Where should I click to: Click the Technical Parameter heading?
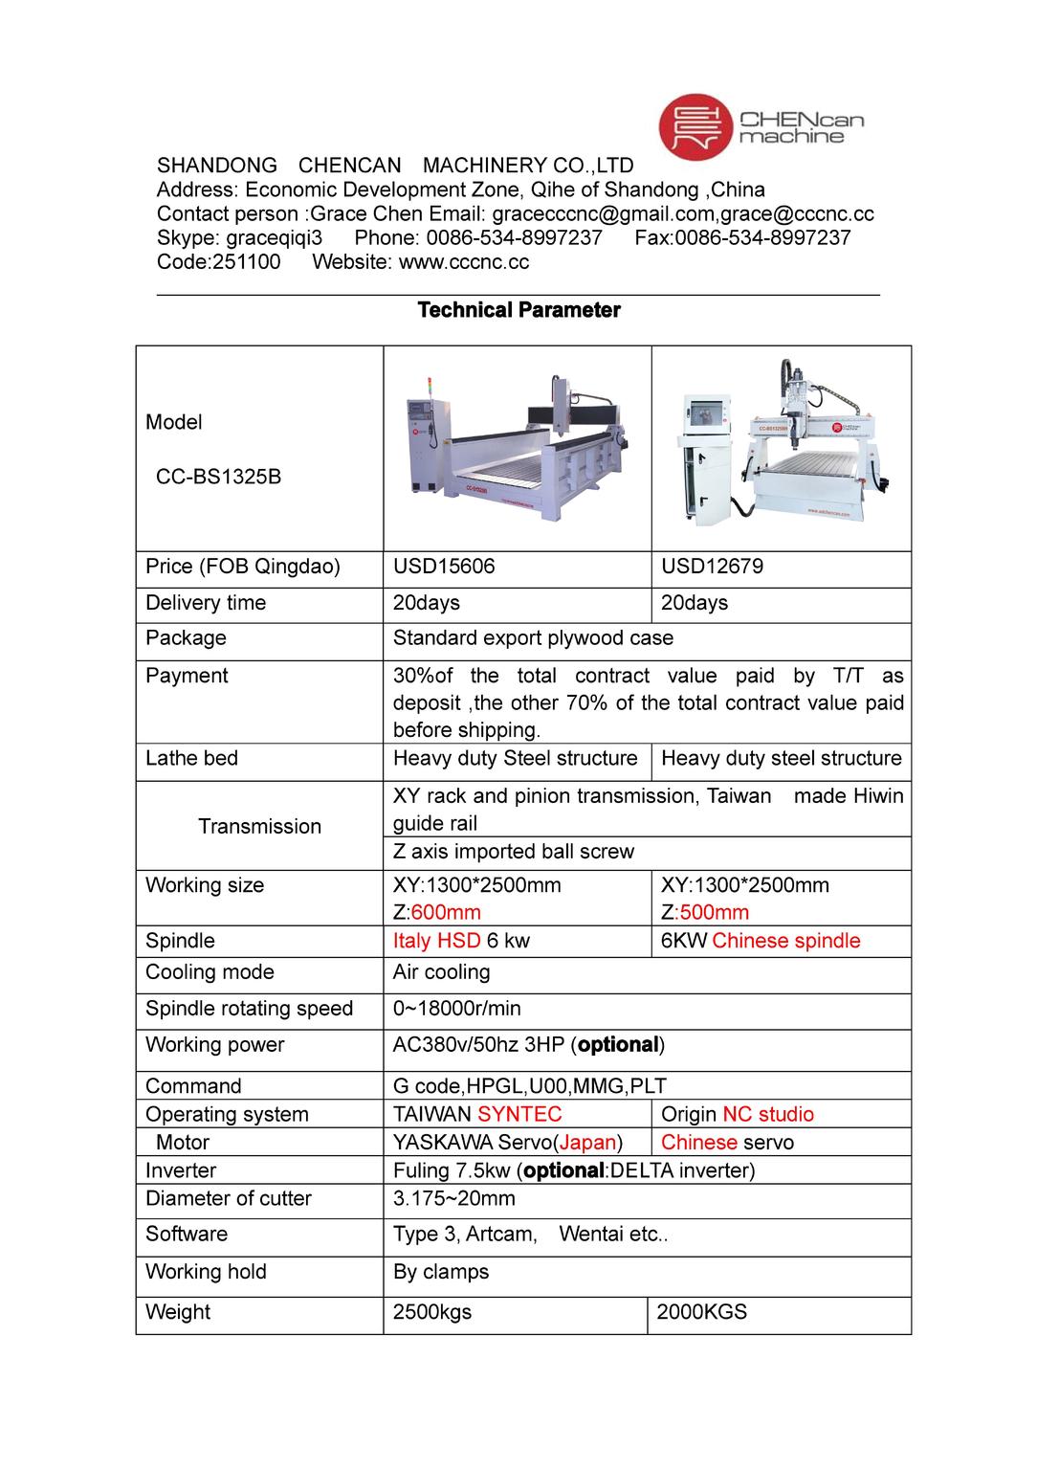point(518,310)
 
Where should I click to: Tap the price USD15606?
point(444,567)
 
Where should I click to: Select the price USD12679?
point(712,567)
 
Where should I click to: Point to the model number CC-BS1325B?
point(219,477)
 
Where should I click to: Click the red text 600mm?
point(446,912)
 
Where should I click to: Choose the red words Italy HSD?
point(436,941)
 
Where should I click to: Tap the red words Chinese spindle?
point(785,941)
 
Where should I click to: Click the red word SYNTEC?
point(519,1114)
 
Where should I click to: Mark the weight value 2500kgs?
point(432,1312)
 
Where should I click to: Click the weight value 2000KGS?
point(701,1312)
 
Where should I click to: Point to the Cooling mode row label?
point(210,972)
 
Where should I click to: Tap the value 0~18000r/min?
point(456,1009)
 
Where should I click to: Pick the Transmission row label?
point(259,827)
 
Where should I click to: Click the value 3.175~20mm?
point(453,1198)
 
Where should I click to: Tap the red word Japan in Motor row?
point(587,1143)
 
